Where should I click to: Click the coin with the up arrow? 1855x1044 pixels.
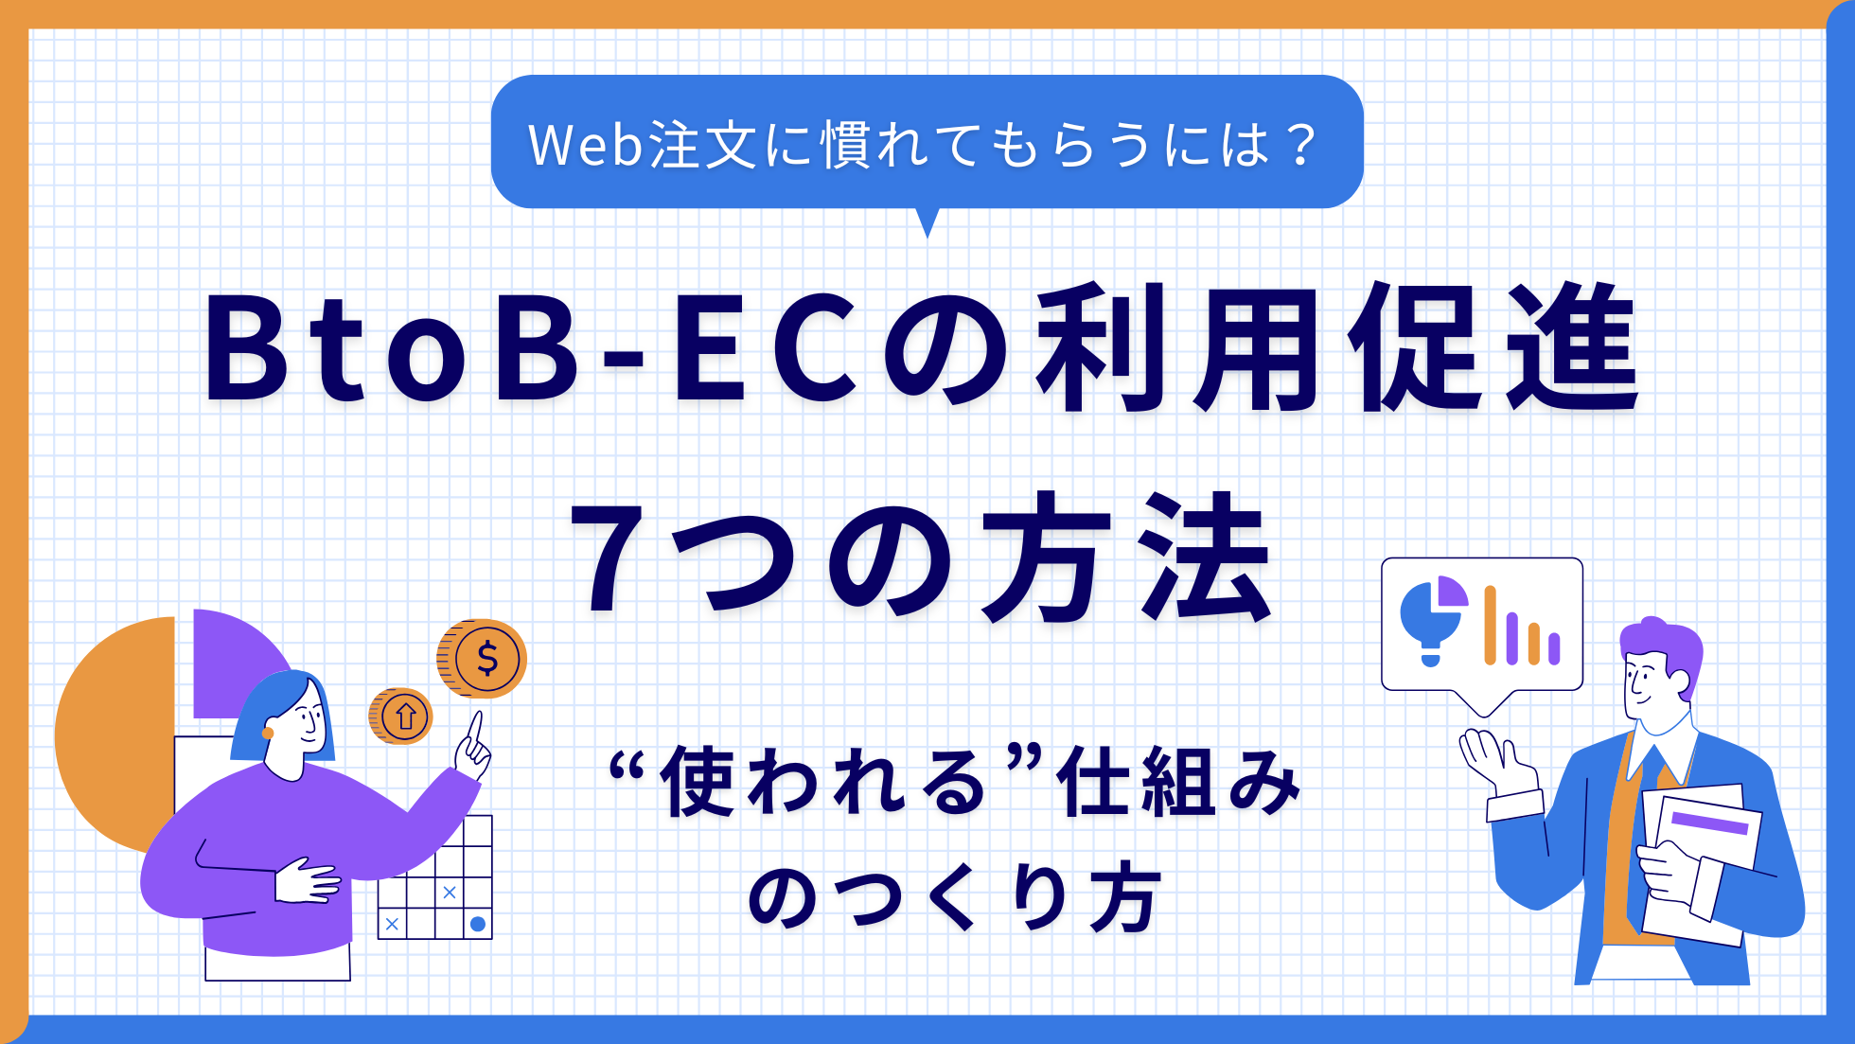400,716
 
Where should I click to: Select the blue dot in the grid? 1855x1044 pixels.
478,924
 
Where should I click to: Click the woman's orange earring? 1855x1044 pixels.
268,733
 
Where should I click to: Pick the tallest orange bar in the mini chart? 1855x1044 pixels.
1490,625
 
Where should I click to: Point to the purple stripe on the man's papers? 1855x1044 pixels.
1709,822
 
